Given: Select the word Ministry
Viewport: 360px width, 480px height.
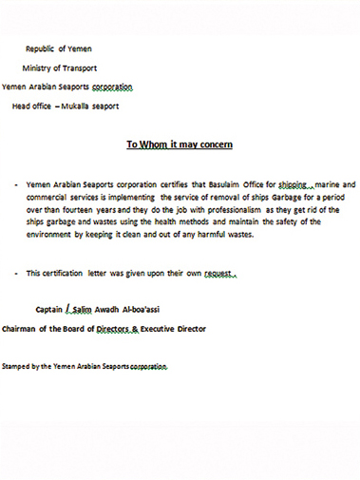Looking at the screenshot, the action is coord(40,67).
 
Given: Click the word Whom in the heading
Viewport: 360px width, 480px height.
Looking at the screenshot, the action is coord(157,145).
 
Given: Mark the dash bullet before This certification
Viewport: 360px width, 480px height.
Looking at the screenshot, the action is coord(17,273).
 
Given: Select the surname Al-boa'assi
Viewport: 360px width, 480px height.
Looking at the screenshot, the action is coord(166,309).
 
